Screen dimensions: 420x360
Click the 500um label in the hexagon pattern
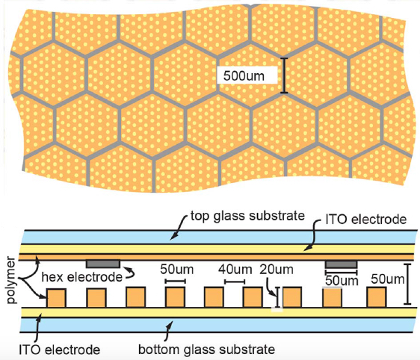[244, 75]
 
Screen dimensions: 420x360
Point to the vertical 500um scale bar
[284, 75]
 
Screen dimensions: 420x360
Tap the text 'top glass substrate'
[247, 216]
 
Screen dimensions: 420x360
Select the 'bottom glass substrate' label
[206, 350]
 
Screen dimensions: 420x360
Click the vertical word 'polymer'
[10, 280]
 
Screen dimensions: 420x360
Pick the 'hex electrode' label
[82, 277]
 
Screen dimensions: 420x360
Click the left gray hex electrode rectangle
[103, 264]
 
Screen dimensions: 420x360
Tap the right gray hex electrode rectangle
[342, 264]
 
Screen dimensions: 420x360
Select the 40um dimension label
[235, 270]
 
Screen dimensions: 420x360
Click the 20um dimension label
[277, 270]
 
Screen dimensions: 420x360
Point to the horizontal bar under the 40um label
[235, 282]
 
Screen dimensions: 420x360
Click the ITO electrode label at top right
[366, 220]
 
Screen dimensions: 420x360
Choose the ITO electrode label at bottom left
[60, 350]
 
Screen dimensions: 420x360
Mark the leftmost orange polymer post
[56, 298]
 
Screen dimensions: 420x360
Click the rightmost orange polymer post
[377, 297]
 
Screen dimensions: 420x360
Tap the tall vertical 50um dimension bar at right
[407, 284]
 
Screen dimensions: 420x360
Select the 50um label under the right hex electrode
[342, 281]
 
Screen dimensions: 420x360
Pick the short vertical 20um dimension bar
[278, 297]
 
